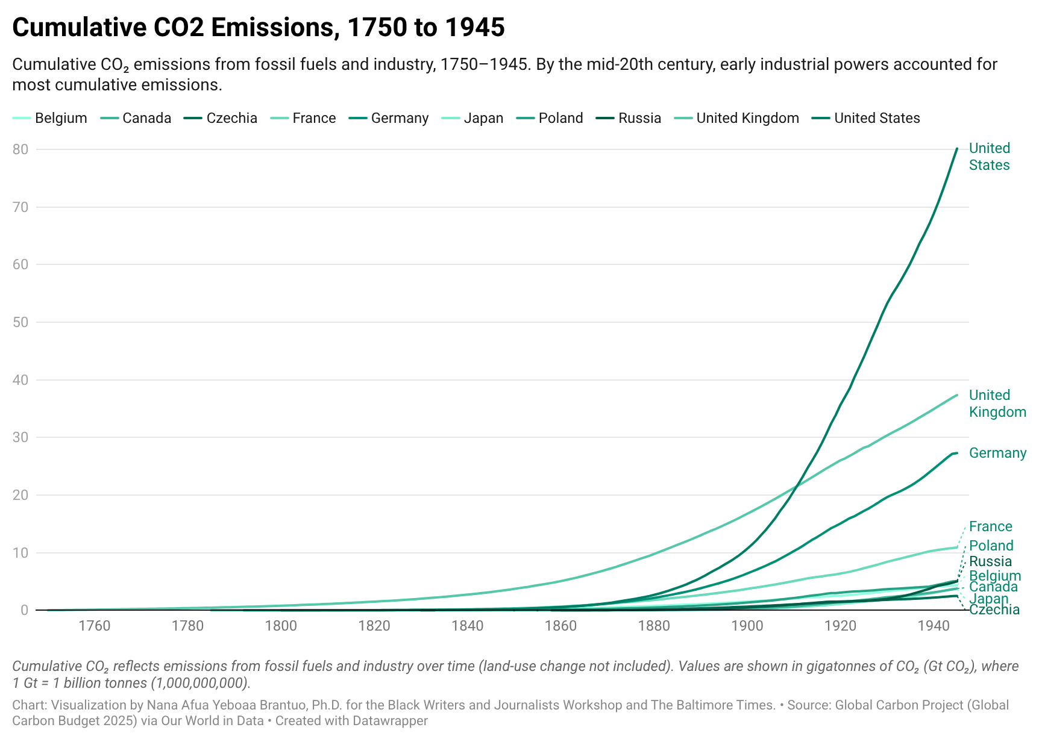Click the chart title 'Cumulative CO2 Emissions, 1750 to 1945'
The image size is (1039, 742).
[x=258, y=28]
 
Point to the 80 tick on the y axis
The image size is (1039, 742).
[x=20, y=149]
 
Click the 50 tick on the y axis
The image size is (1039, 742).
[x=20, y=322]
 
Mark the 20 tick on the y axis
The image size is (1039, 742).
[x=20, y=495]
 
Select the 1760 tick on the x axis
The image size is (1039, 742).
[x=95, y=626]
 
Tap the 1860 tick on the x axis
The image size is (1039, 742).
[x=560, y=626]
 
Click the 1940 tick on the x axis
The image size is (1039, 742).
[x=934, y=626]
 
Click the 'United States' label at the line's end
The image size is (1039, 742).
[x=989, y=157]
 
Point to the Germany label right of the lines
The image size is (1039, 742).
[x=997, y=453]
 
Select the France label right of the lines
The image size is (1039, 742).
[x=990, y=526]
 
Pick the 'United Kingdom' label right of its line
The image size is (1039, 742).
[x=997, y=404]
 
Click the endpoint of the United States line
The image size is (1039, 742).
[x=957, y=148]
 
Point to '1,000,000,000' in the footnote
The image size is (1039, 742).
[x=198, y=683]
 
